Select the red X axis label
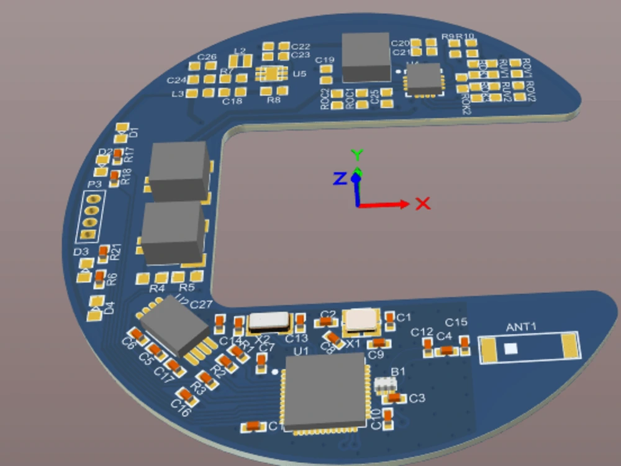point(423,203)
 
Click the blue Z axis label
point(339,179)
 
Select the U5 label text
point(299,74)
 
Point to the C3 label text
point(417,398)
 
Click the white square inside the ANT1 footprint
point(510,349)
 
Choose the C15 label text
point(456,322)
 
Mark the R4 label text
point(157,289)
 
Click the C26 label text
point(207,57)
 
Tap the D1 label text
point(133,132)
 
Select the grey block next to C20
point(366,57)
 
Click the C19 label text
point(325,60)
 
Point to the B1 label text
point(398,371)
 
